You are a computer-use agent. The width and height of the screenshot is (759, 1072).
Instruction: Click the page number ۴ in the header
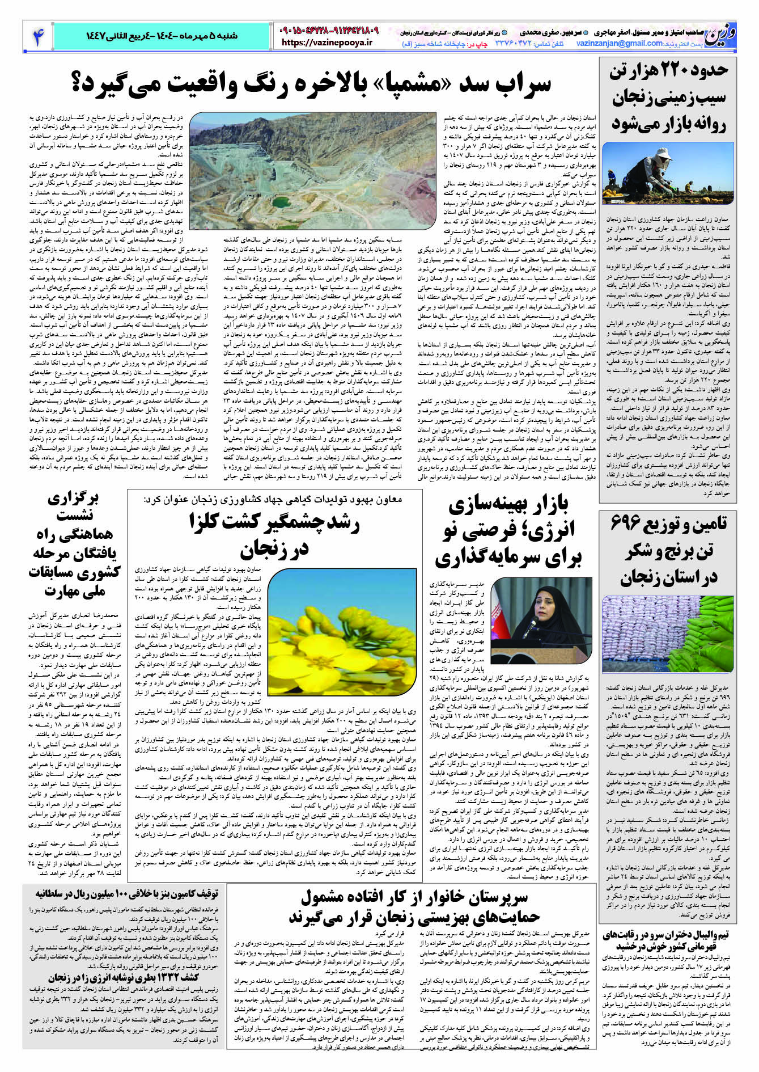click(38, 36)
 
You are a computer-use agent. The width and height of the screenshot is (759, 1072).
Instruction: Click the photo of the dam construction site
click(313, 170)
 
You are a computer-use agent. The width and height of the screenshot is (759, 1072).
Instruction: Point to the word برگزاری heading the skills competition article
click(74, 499)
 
